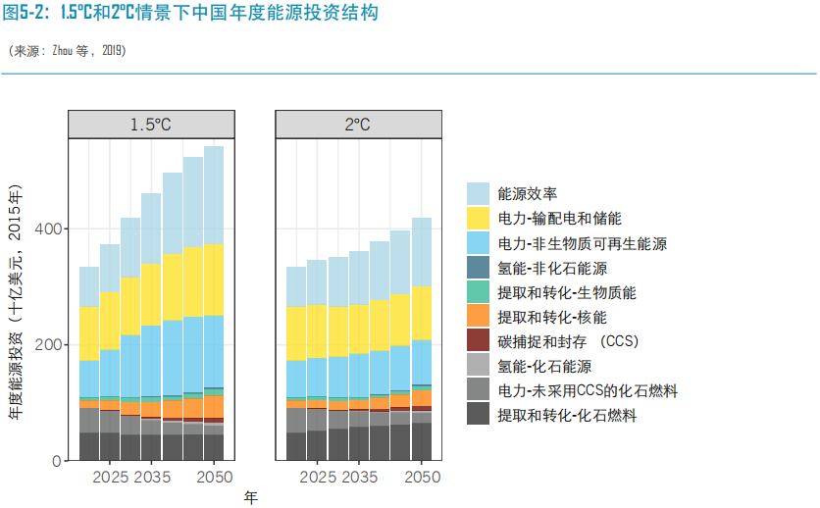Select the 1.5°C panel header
151,125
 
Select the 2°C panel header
357,125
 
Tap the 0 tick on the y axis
56,461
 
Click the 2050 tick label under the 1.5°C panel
215,478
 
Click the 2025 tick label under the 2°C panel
317,478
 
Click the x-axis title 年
250,497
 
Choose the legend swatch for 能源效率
478,193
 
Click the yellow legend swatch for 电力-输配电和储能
478,218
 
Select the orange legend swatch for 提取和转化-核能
478,317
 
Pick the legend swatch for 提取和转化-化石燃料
478,416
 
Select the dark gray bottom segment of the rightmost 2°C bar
421,442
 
